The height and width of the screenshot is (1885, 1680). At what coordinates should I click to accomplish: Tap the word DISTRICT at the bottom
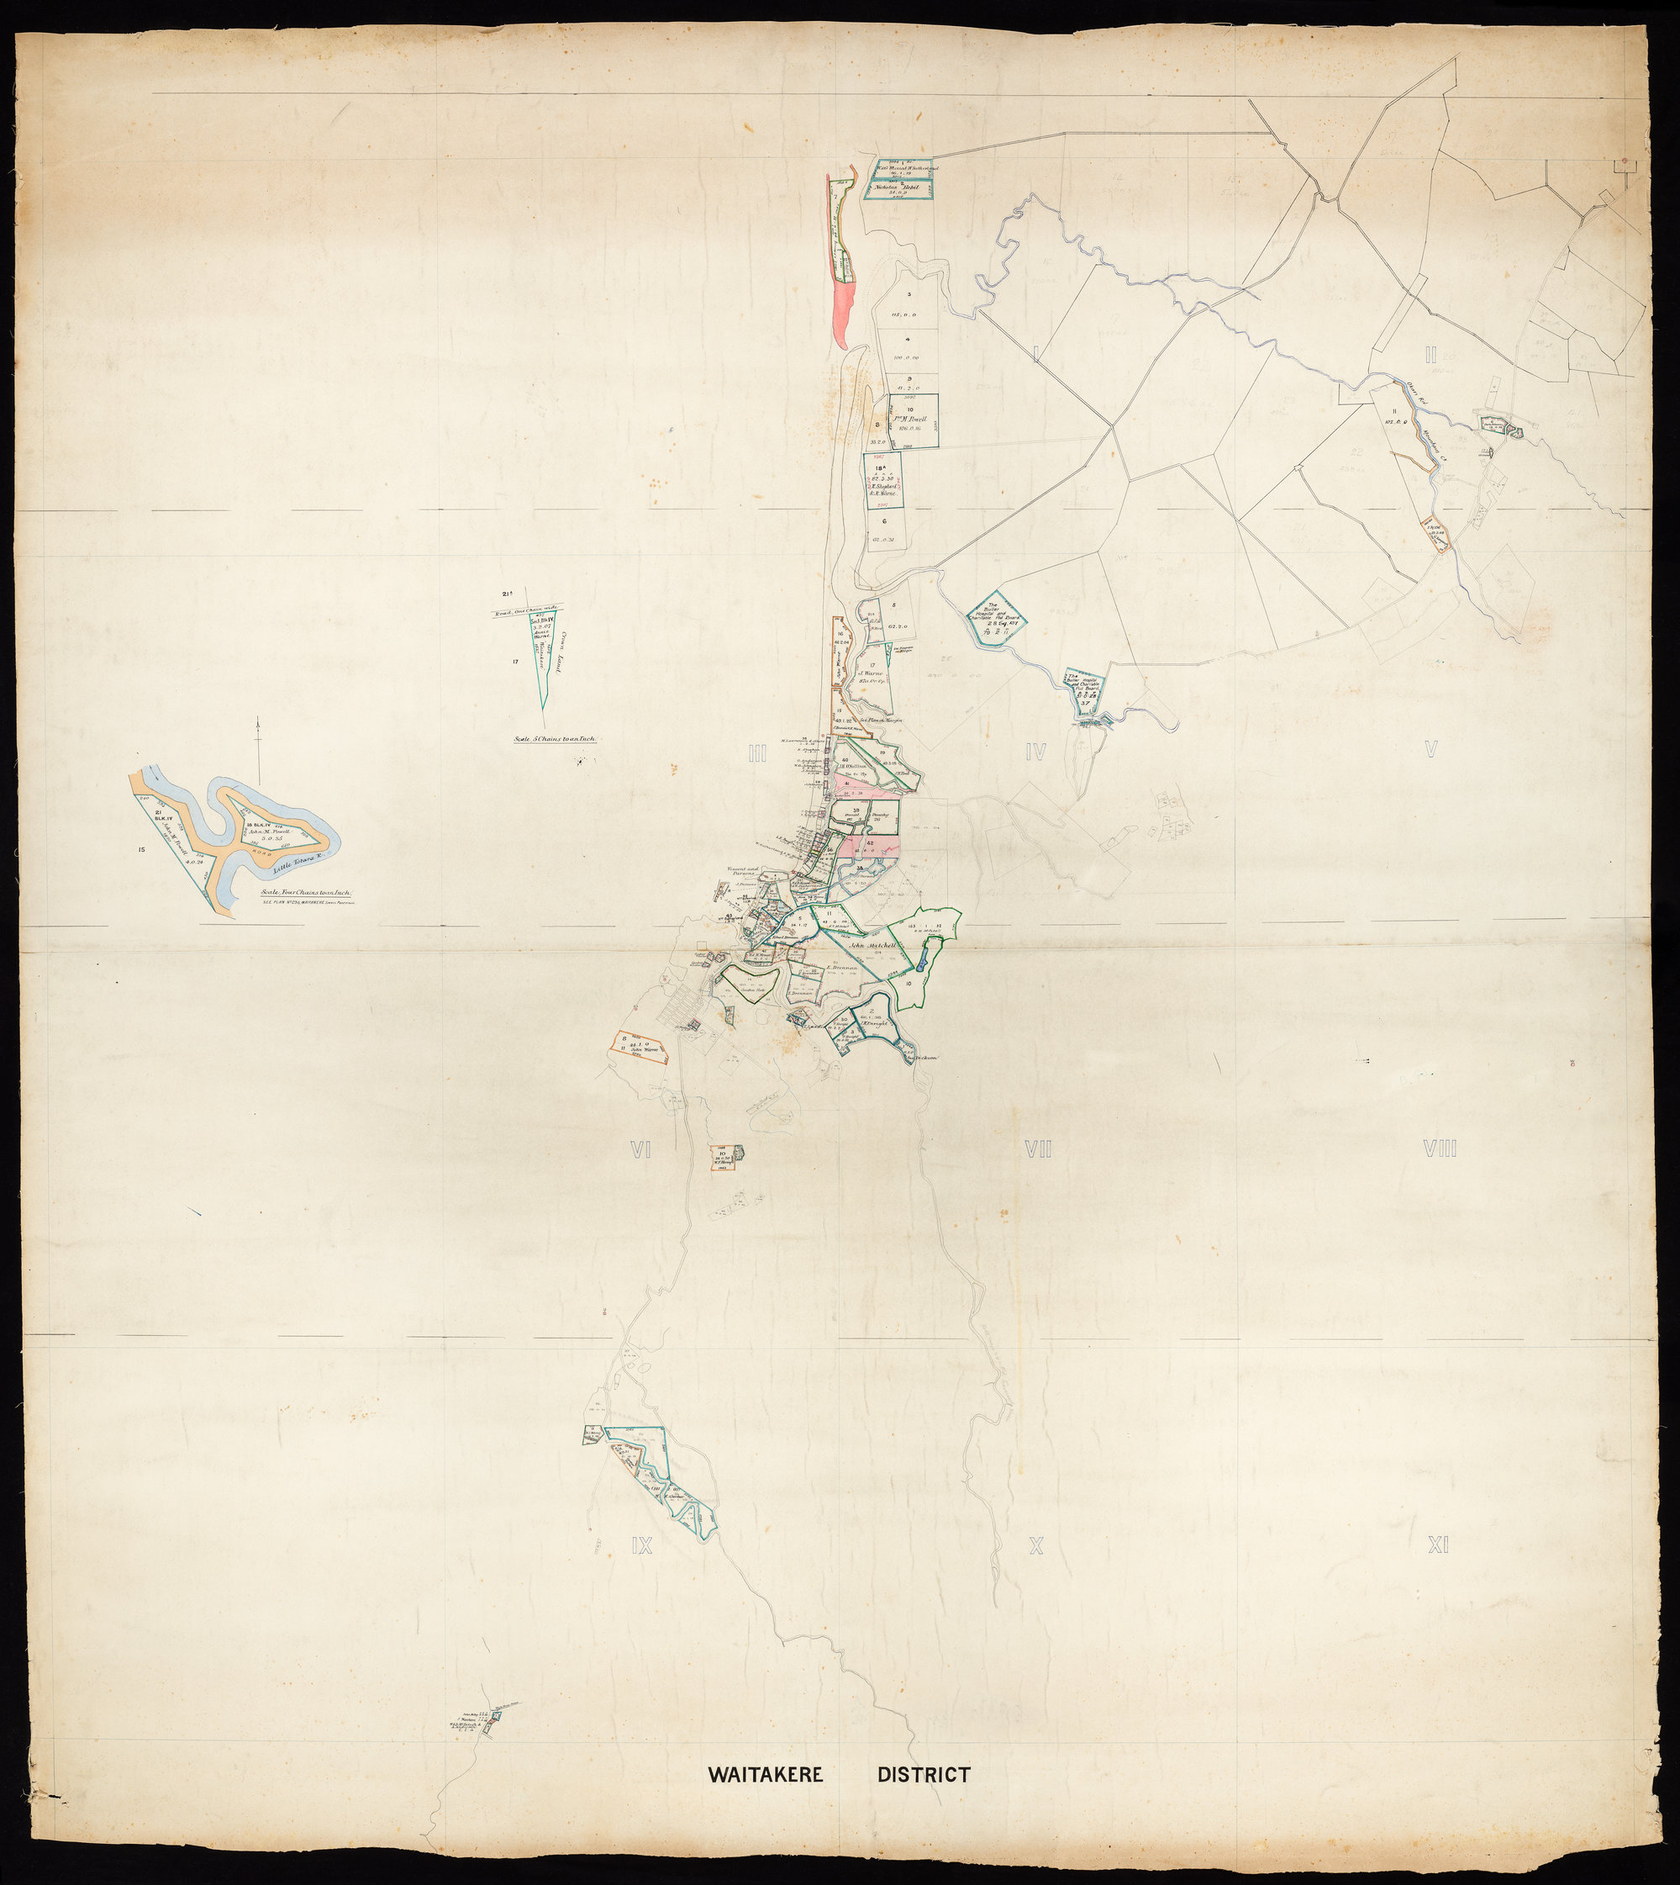923,1775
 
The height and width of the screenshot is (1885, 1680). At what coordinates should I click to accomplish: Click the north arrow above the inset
261,748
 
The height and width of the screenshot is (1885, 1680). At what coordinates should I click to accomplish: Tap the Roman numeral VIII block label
1440,1150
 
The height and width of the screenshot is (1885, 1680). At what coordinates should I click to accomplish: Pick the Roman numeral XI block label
1438,1544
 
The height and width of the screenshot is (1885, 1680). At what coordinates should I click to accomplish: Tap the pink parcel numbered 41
863,788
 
